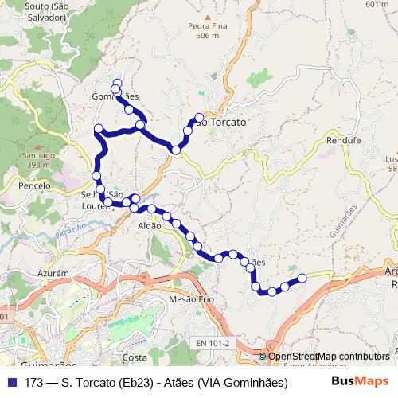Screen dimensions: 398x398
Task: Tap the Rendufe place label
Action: (x=343, y=139)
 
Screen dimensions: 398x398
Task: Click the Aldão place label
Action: (x=150, y=226)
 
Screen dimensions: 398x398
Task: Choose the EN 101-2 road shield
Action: (x=213, y=343)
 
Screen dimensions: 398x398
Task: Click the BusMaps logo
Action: (x=361, y=382)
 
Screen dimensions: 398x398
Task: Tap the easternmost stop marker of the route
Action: (x=302, y=278)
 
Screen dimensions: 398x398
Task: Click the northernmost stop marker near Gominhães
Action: (x=117, y=83)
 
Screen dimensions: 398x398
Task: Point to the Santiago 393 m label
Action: (x=36, y=159)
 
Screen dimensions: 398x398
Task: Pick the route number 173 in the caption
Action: (x=33, y=382)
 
